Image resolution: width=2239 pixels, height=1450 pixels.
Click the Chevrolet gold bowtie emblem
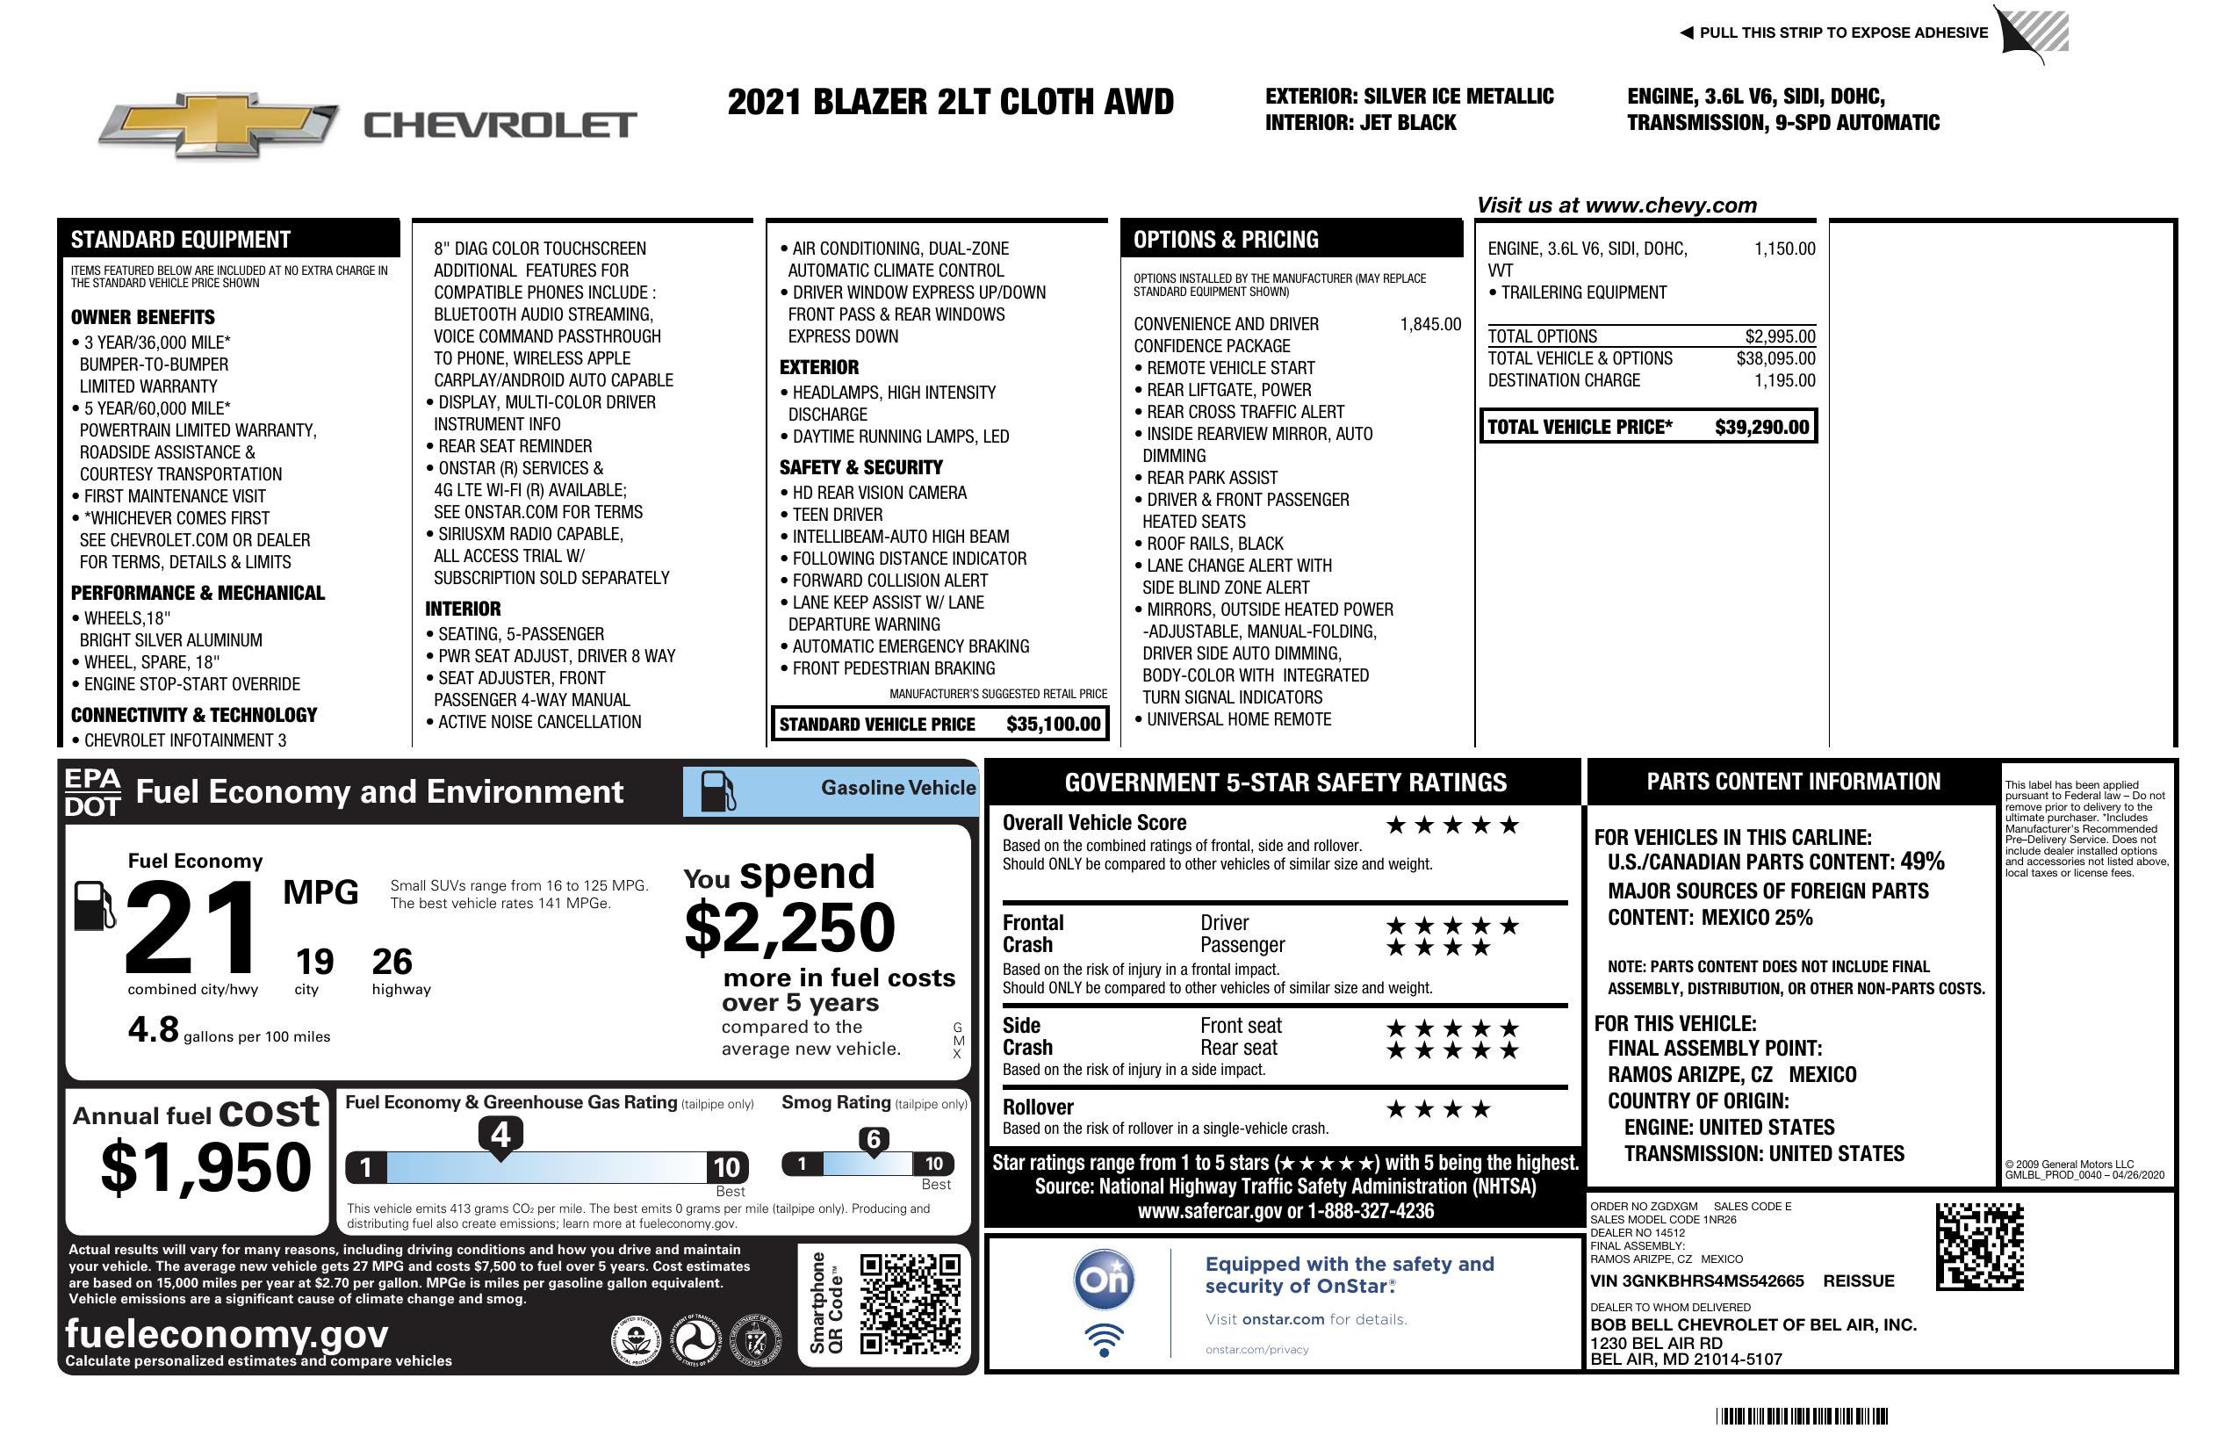click(x=219, y=124)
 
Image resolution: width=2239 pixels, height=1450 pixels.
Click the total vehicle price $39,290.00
click(x=1761, y=427)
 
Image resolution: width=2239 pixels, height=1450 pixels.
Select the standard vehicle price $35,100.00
click(x=1053, y=724)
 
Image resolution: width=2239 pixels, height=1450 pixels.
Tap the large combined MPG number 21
click(x=191, y=927)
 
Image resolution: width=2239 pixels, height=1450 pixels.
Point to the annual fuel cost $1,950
click(x=205, y=1167)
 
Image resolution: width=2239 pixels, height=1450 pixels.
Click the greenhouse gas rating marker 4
click(x=500, y=1135)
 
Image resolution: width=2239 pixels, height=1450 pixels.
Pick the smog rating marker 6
click(x=873, y=1139)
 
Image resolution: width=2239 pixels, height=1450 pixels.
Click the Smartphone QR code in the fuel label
click(x=910, y=1303)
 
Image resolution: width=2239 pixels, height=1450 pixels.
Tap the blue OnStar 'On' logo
click(x=1104, y=1280)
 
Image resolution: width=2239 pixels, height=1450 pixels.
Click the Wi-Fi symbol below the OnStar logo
click(x=1104, y=1338)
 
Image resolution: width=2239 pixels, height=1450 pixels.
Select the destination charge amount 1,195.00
click(x=1784, y=380)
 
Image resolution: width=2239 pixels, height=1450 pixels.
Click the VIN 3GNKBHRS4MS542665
click(x=1696, y=1280)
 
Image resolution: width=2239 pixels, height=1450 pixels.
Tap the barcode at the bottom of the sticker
click(x=1801, y=1416)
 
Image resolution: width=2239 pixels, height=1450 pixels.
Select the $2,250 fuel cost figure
click(x=789, y=927)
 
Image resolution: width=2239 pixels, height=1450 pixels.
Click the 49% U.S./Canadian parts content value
click(x=1921, y=861)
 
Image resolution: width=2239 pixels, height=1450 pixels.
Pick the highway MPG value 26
click(x=392, y=962)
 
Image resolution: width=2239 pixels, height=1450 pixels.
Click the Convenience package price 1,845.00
click(x=1430, y=325)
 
